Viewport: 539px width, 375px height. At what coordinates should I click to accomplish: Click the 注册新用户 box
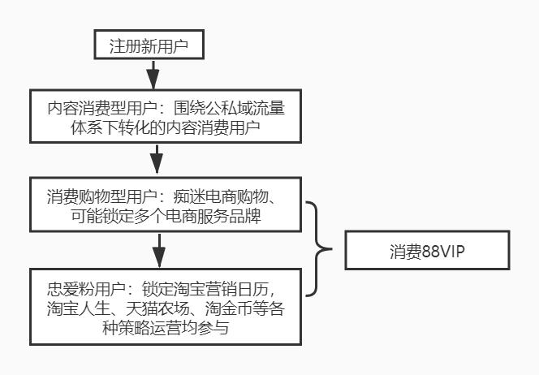point(149,45)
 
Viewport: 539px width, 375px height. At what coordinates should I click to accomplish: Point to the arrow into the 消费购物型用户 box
point(156,159)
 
